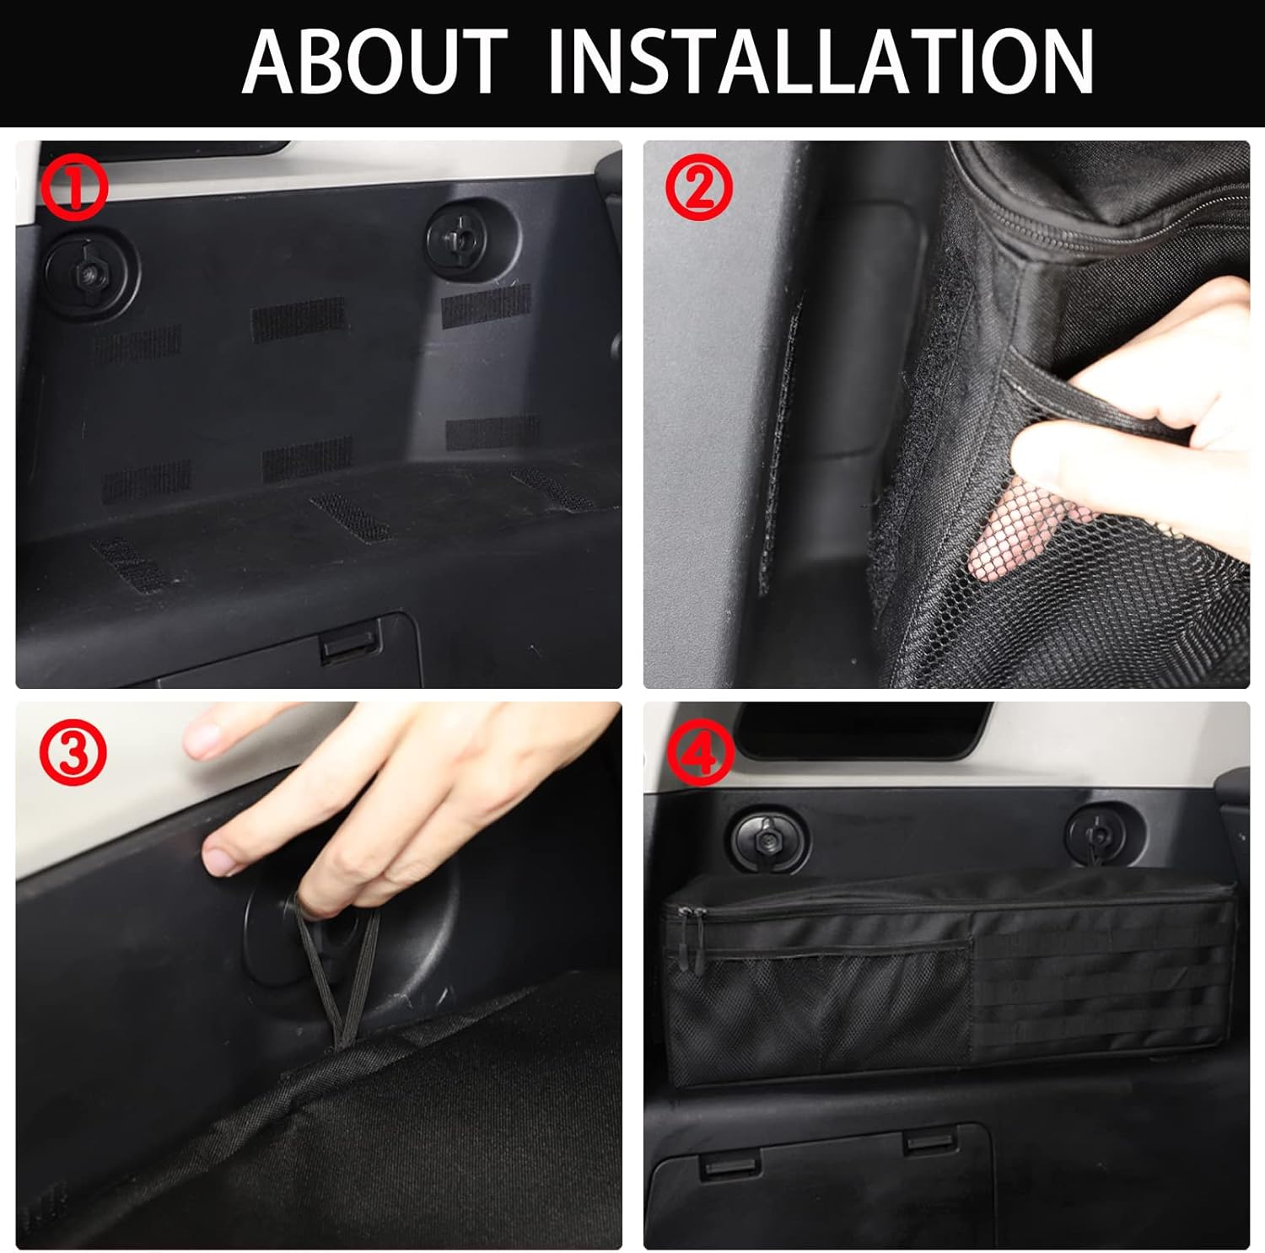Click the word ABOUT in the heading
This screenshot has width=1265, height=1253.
(375, 62)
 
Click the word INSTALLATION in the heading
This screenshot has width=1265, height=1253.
(821, 62)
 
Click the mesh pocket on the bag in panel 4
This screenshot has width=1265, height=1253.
(818, 1012)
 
